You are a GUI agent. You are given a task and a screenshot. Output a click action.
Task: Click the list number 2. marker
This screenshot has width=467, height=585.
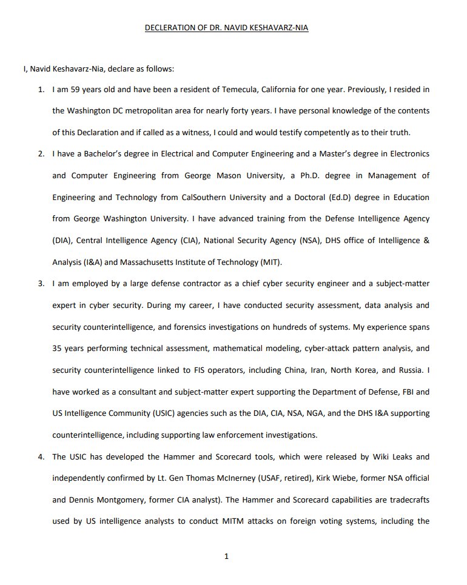tap(41, 154)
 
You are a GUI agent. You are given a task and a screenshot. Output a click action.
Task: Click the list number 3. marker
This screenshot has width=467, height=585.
tap(41, 284)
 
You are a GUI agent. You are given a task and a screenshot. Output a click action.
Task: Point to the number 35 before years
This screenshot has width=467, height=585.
tap(58, 349)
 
